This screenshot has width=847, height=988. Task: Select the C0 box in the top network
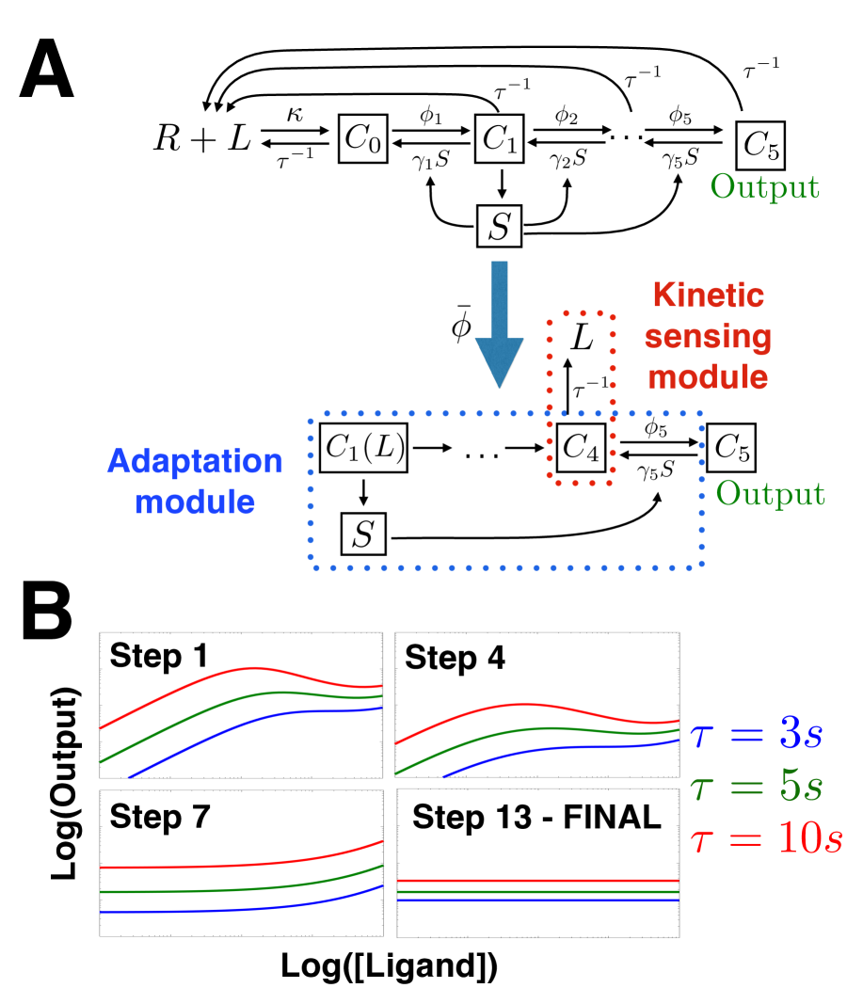(x=363, y=141)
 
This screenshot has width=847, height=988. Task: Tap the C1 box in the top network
(x=499, y=141)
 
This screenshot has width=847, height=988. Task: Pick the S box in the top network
(x=499, y=224)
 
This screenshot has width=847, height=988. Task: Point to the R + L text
(x=203, y=141)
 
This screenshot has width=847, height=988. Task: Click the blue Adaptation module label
(x=195, y=481)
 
